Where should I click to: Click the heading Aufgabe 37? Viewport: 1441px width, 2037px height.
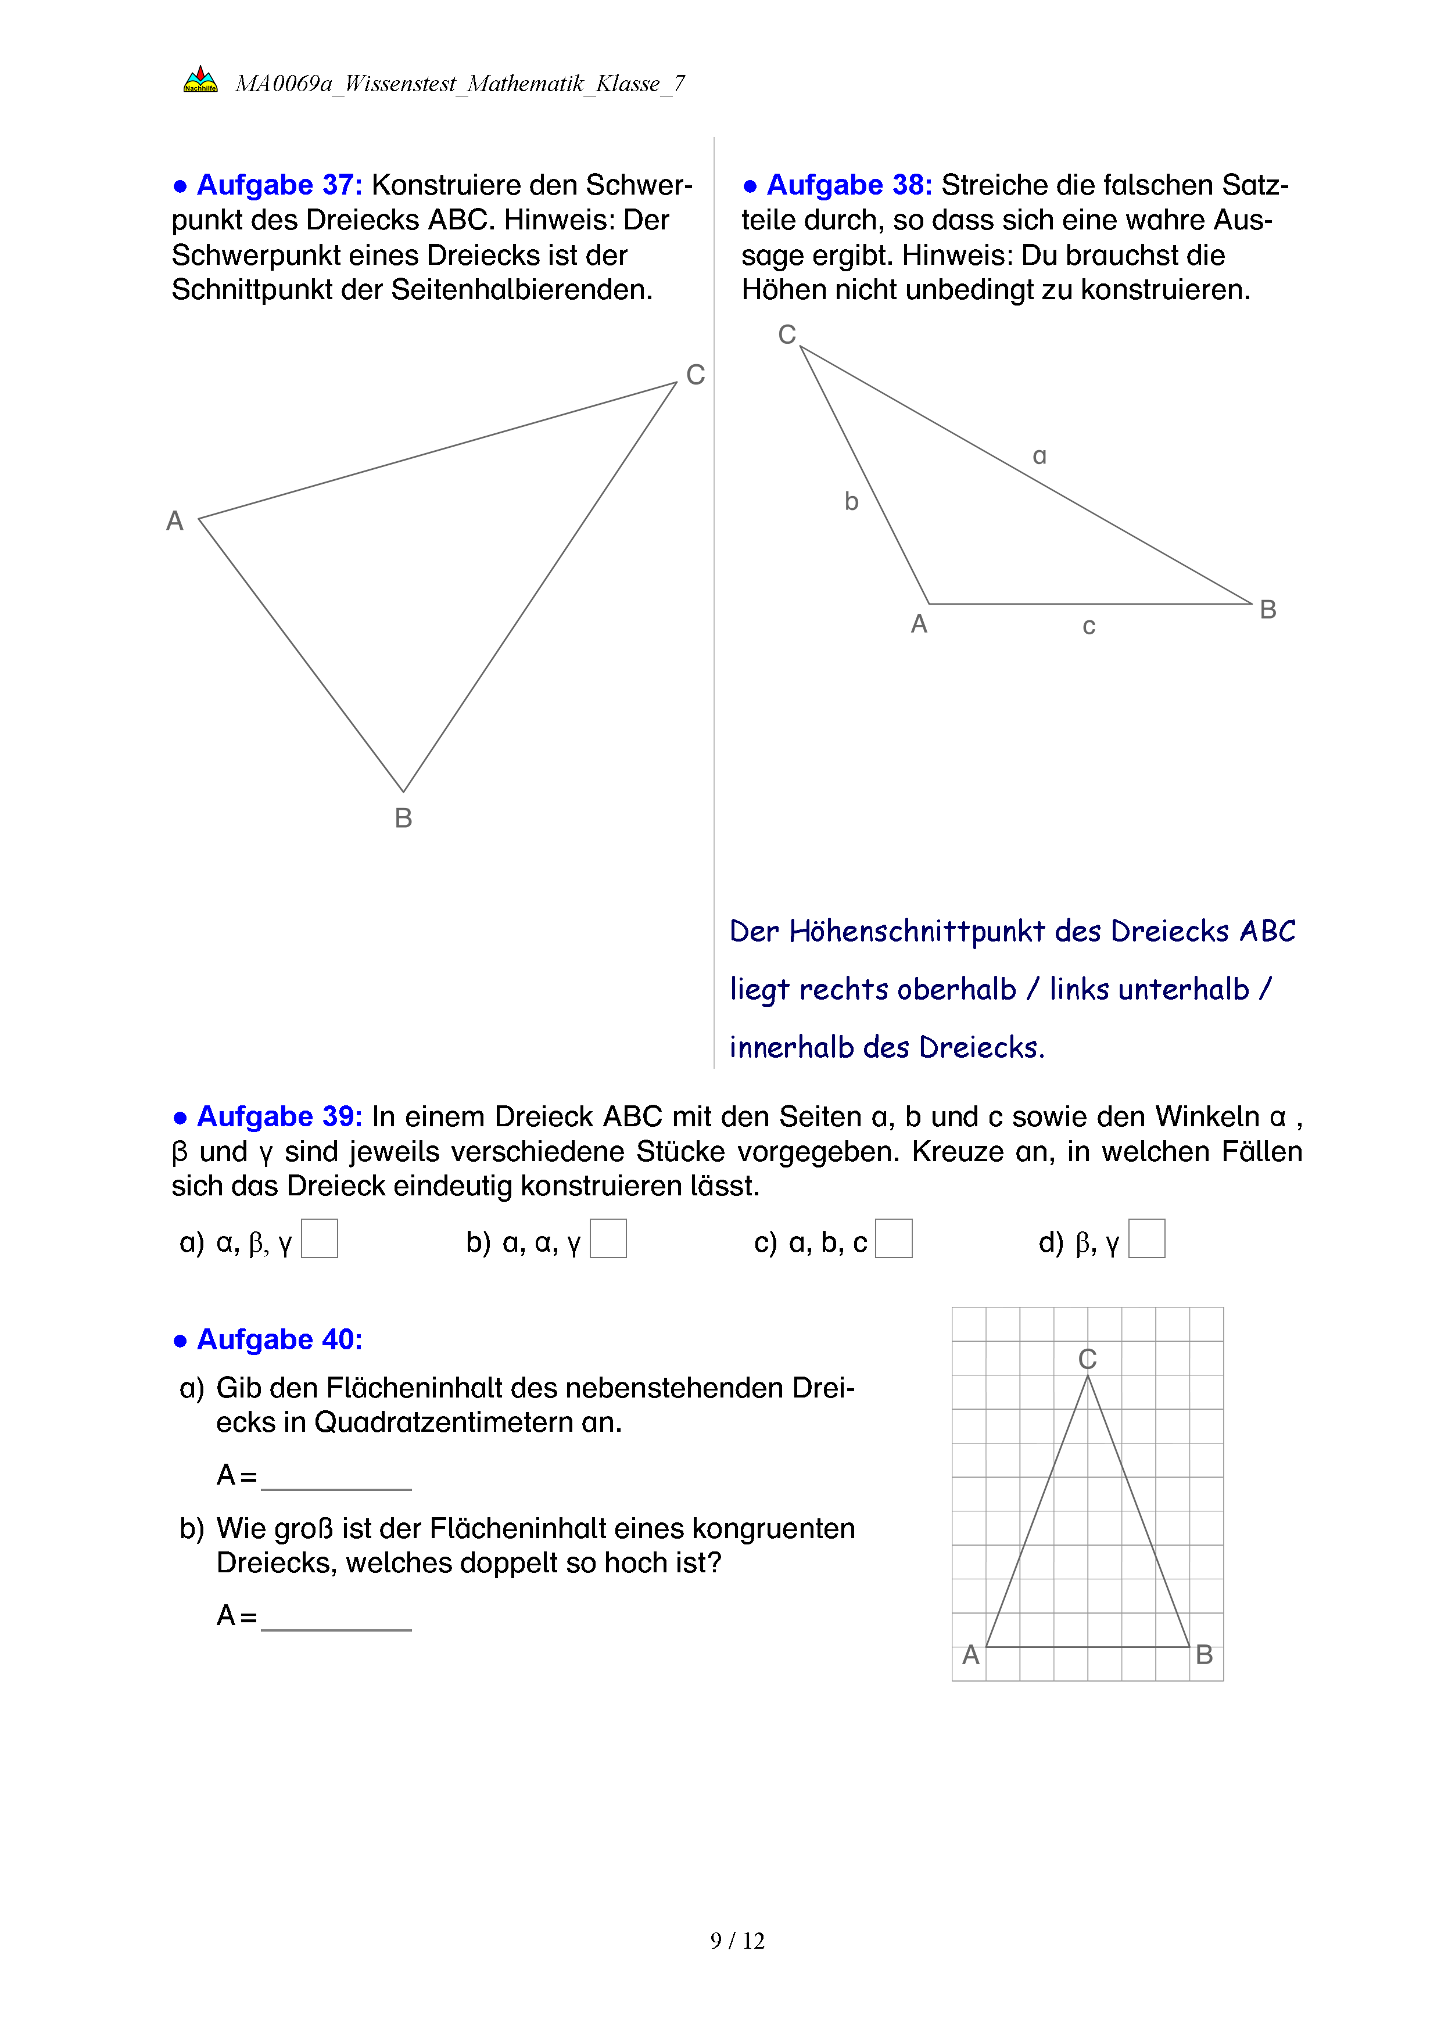pyautogui.click(x=279, y=185)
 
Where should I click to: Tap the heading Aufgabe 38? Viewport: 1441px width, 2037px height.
pyautogui.click(x=848, y=185)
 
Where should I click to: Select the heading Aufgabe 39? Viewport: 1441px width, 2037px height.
pyautogui.click(x=279, y=1116)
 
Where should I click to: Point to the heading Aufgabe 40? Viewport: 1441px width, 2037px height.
pyautogui.click(x=279, y=1339)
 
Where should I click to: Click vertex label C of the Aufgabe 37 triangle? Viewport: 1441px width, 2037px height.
pyautogui.click(x=696, y=375)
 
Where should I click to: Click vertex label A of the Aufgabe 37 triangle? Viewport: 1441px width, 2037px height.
pyautogui.click(x=175, y=521)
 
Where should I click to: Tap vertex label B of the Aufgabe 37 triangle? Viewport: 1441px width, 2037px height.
pyautogui.click(x=404, y=818)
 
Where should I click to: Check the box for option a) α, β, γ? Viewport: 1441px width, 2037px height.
pyautogui.click(x=320, y=1238)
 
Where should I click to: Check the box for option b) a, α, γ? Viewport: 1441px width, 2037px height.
pyautogui.click(x=609, y=1238)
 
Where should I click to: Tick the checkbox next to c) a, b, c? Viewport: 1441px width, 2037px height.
pyautogui.click(x=894, y=1238)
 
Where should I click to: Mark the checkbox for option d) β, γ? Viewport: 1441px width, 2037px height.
pyautogui.click(x=1146, y=1238)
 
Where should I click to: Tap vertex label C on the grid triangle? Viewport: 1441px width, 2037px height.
pyautogui.click(x=1088, y=1359)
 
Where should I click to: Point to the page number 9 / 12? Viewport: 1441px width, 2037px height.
pyautogui.click(x=737, y=1941)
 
